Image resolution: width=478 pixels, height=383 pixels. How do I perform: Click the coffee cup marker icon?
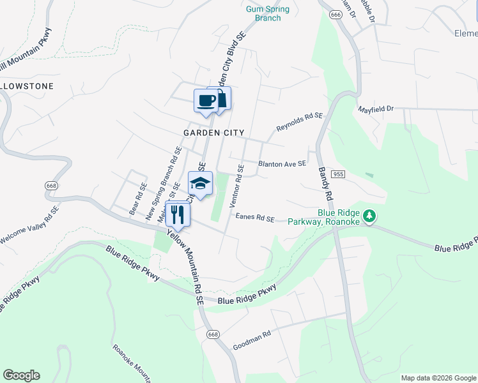coord(206,101)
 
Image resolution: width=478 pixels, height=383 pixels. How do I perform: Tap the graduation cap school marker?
coord(200,183)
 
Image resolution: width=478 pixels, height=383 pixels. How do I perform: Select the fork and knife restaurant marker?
coord(178,214)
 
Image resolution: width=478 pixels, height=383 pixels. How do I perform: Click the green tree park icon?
coord(369,217)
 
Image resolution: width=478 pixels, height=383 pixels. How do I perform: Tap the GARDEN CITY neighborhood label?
coord(213,133)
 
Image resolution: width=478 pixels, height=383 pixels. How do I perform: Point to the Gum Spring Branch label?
coord(268,13)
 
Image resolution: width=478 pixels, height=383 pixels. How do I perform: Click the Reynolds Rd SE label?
coord(299,121)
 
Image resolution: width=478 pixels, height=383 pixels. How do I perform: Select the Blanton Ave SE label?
coord(282,164)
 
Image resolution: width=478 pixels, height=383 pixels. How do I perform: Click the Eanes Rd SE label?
coord(255,218)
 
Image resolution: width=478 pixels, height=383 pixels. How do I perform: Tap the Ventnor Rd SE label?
coord(241,183)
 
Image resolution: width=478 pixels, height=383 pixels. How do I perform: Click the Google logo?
coord(21,375)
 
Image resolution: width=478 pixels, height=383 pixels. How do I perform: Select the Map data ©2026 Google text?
coord(438,378)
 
